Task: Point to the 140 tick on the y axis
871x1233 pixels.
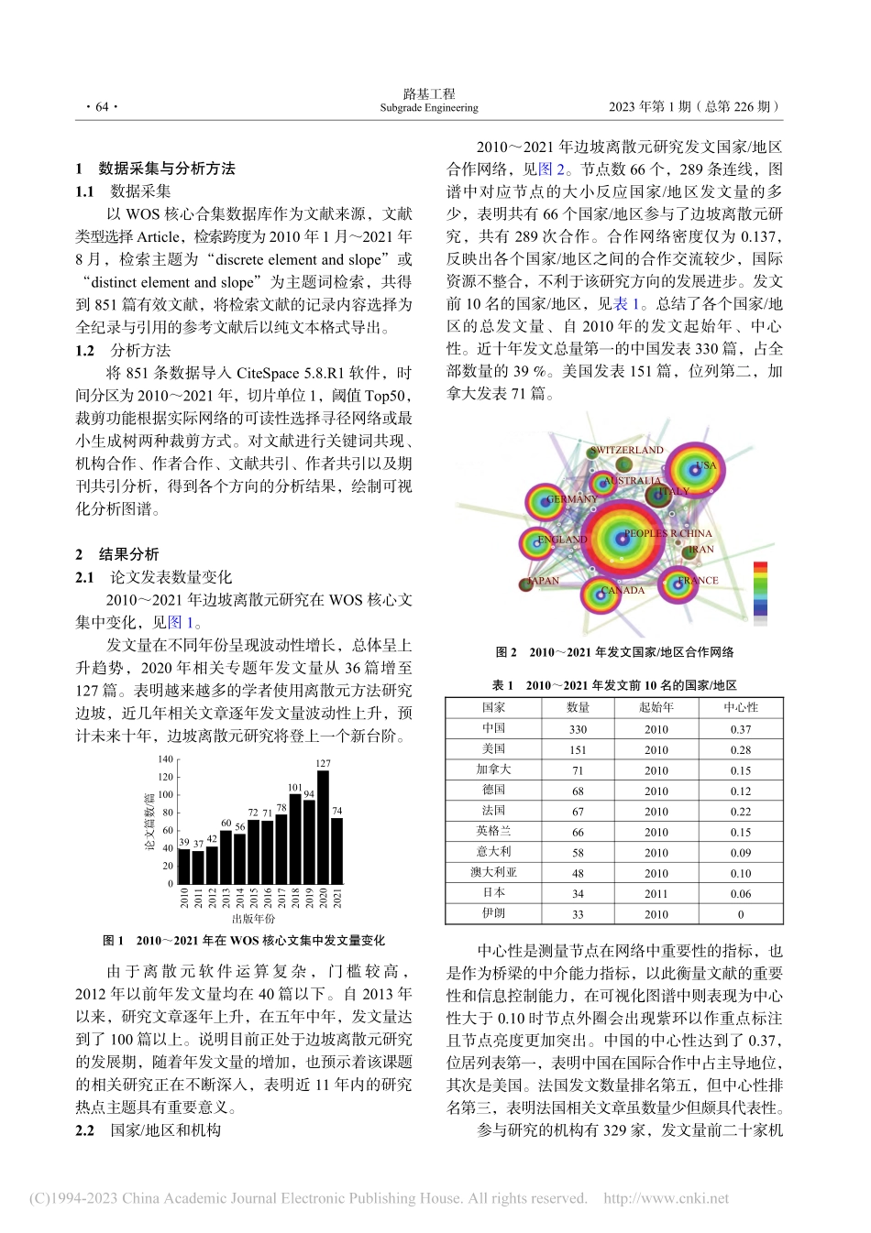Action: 165,759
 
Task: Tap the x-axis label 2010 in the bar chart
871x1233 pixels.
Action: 184,898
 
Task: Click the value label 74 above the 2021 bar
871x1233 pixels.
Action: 336,811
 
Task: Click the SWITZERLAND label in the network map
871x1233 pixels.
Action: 626,450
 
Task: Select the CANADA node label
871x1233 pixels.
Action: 623,591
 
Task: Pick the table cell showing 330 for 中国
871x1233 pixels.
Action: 578,729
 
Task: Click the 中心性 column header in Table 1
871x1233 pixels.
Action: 740,707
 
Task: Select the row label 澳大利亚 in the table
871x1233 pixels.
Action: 493,872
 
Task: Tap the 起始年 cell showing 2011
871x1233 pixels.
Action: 656,893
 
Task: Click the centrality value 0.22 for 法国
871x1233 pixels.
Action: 740,812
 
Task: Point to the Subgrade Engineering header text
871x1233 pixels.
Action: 429,108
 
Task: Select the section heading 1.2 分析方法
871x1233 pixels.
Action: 124,351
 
